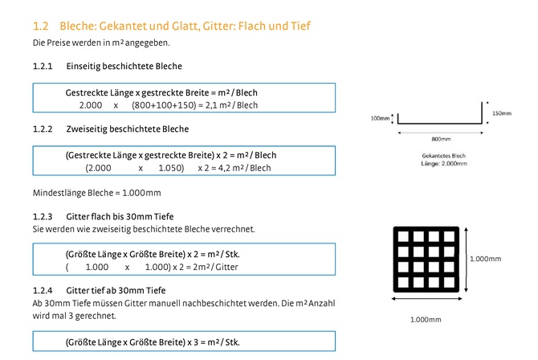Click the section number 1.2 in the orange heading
(40, 26)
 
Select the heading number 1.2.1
(43, 66)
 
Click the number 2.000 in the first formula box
(91, 105)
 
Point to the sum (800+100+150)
(163, 105)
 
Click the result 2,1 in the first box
(211, 105)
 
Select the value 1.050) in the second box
(171, 168)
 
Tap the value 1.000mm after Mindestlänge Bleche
(141, 193)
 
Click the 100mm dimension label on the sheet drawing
(380, 118)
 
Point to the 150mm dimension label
(502, 113)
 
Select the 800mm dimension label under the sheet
(441, 139)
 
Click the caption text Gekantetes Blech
(443, 156)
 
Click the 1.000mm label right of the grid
(485, 259)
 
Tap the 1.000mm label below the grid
(426, 320)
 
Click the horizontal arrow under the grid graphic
(426, 299)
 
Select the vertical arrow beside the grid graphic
(466, 260)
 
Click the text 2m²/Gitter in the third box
(215, 267)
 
